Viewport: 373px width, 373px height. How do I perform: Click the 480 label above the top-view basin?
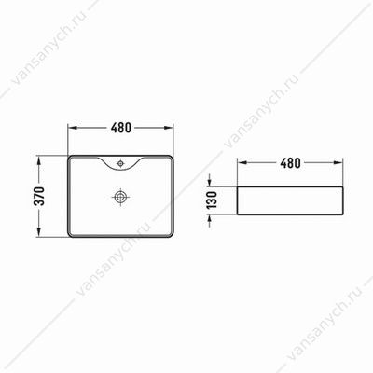point(121,128)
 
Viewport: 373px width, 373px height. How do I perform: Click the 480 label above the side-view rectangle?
point(290,162)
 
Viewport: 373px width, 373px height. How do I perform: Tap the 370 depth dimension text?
point(39,197)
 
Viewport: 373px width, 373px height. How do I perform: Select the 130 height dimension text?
point(212,200)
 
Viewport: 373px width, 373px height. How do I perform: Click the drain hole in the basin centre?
point(120,197)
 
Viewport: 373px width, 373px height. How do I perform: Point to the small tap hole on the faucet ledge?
point(120,163)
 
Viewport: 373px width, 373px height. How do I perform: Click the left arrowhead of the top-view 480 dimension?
point(73,128)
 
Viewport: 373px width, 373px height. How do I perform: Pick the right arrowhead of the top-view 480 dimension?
point(169,128)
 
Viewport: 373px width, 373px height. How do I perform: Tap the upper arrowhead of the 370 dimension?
point(39,161)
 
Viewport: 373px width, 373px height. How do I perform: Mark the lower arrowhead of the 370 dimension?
point(39,232)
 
